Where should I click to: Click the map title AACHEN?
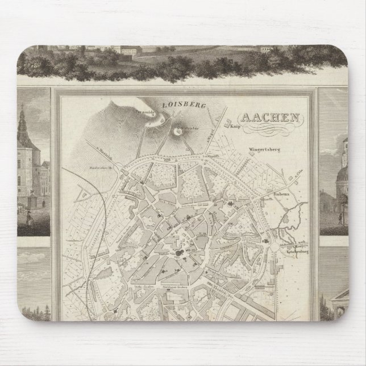271,120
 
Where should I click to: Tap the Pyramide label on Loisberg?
145,113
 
